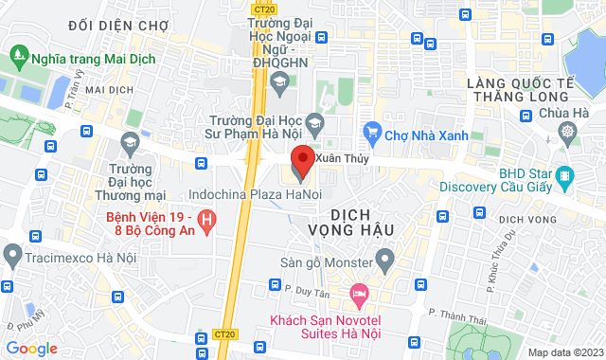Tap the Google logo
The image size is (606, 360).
31,349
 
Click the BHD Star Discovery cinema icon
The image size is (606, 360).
565,175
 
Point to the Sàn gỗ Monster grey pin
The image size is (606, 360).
384,257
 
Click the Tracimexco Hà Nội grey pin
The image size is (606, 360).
12,254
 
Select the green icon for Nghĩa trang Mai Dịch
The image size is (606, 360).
18,56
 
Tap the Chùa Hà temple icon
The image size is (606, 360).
567,133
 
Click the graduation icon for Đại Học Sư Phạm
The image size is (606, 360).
316,122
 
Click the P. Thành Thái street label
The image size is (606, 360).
452,309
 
